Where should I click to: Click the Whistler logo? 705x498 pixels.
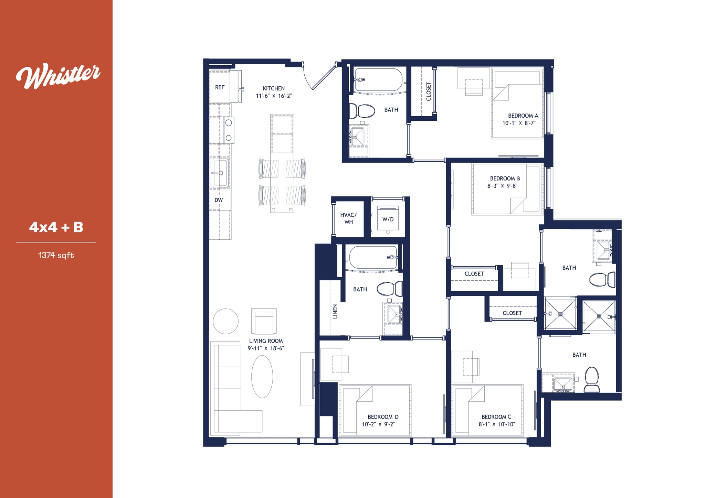point(58,75)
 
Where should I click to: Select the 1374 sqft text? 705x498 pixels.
point(56,255)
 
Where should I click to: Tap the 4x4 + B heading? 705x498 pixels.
point(56,227)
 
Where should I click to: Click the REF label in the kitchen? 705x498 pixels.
point(220,87)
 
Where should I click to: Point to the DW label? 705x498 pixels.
point(219,200)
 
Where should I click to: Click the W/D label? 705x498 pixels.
point(388,219)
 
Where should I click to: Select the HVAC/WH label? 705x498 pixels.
point(348,218)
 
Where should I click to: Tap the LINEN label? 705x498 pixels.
point(335,311)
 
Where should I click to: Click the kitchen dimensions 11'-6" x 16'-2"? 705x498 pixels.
point(274,96)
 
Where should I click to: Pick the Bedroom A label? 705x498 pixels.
point(523,116)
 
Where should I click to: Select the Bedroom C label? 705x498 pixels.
point(496,417)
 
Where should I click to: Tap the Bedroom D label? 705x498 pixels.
point(383,417)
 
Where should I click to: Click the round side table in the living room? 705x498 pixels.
point(225,321)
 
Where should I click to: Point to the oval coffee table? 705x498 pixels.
point(262,377)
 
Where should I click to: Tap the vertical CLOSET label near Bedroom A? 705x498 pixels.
point(429,91)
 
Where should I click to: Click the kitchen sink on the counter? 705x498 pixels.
point(220,173)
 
